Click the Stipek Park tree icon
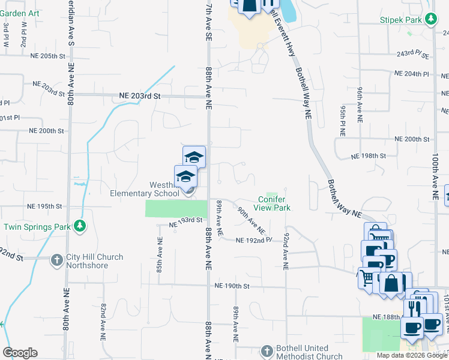pyautogui.click(x=430, y=20)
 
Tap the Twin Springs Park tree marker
pyautogui.click(x=80, y=226)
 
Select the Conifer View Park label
pyautogui.click(x=272, y=203)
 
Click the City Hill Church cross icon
pyautogui.click(x=56, y=260)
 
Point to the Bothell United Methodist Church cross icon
pyautogui.click(x=267, y=351)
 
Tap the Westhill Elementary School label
pyautogui.click(x=144, y=189)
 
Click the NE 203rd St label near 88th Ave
pyautogui.click(x=140, y=96)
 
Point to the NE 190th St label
pyautogui.click(x=232, y=286)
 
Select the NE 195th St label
pyautogui.click(x=45, y=206)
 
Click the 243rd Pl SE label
pyautogui.click(x=412, y=55)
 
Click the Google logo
pyautogui.click(x=20, y=353)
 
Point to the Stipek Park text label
pyautogui.click(x=402, y=20)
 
